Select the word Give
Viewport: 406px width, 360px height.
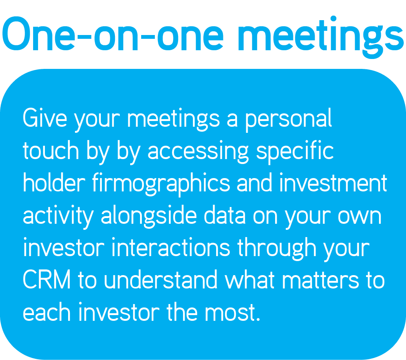45,118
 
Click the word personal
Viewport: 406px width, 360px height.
288,119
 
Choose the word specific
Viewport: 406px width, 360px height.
295,152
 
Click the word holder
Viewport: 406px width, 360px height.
54,182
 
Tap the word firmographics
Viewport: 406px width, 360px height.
161,184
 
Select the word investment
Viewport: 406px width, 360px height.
333,183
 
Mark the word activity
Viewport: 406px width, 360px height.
58,217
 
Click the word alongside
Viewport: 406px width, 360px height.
149,217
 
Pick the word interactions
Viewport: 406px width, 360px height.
170,247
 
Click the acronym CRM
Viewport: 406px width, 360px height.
46,279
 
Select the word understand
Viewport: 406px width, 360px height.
161,279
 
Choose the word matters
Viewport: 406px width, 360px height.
320,280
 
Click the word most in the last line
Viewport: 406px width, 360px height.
232,312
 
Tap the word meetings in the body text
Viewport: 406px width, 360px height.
174,119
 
